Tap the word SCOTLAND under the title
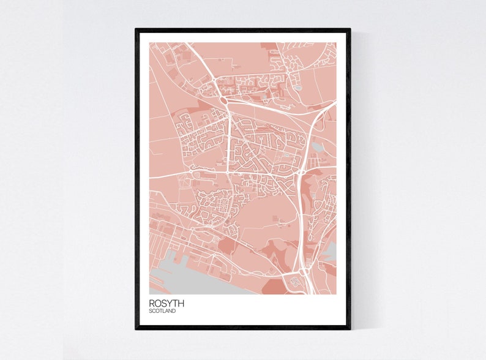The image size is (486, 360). tap(162, 311)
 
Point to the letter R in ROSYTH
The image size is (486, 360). tap(152, 302)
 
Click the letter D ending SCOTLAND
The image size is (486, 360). tap(174, 311)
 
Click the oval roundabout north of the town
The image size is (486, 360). tap(223, 99)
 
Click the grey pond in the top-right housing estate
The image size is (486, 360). tap(298, 87)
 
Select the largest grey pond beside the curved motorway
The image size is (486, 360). tap(317, 147)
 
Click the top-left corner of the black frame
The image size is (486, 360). tap(136, 29)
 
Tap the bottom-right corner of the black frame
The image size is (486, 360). tap(350, 328)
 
